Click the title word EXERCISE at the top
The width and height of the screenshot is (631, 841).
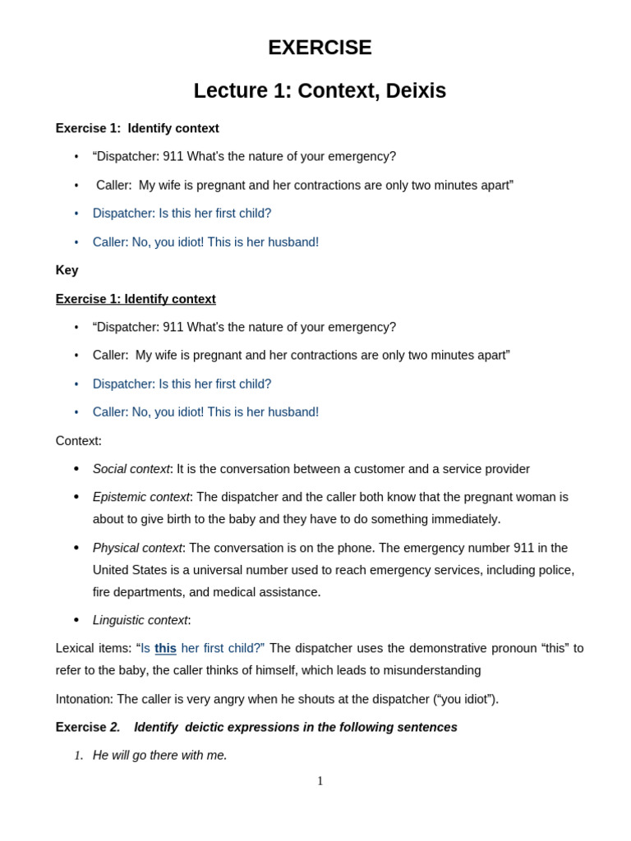pos(320,48)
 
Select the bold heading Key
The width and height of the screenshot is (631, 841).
pos(67,270)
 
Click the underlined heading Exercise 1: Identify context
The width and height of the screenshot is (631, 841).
pos(136,299)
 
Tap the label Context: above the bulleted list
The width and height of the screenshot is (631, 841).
pos(78,441)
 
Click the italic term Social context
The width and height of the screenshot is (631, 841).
pos(131,469)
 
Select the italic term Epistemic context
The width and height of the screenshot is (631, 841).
pos(140,497)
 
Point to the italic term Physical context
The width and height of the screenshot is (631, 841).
pos(136,548)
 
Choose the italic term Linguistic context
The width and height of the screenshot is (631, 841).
pos(140,620)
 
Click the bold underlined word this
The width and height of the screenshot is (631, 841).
pos(165,648)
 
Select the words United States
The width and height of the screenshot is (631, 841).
pos(131,570)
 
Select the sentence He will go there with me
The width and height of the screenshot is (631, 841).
pos(159,755)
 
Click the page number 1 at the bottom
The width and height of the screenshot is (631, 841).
pos(320,781)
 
